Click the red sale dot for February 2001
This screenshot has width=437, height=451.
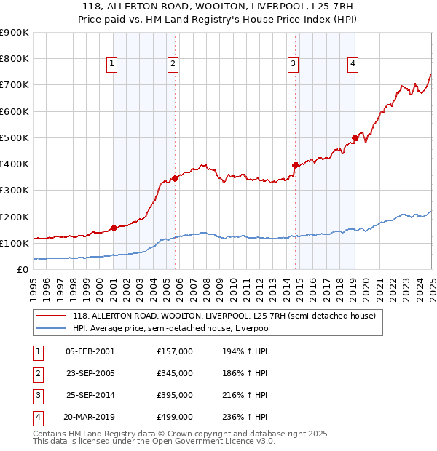pyautogui.click(x=114, y=228)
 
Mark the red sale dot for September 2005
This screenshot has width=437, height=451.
pyautogui.click(x=176, y=178)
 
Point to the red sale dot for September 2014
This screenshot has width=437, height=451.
pyautogui.click(x=295, y=165)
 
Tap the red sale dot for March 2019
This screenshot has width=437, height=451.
pyautogui.click(x=355, y=137)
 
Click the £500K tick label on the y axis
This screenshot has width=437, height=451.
pyautogui.click(x=14, y=137)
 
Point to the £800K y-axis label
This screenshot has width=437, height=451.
pyautogui.click(x=14, y=59)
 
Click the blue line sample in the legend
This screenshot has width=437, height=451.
pyautogui.click(x=51, y=328)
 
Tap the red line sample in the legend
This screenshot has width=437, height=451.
pyautogui.click(x=51, y=316)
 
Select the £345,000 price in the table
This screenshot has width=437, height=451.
pyautogui.click(x=175, y=373)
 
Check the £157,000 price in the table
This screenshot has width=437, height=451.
pyautogui.click(x=175, y=351)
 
